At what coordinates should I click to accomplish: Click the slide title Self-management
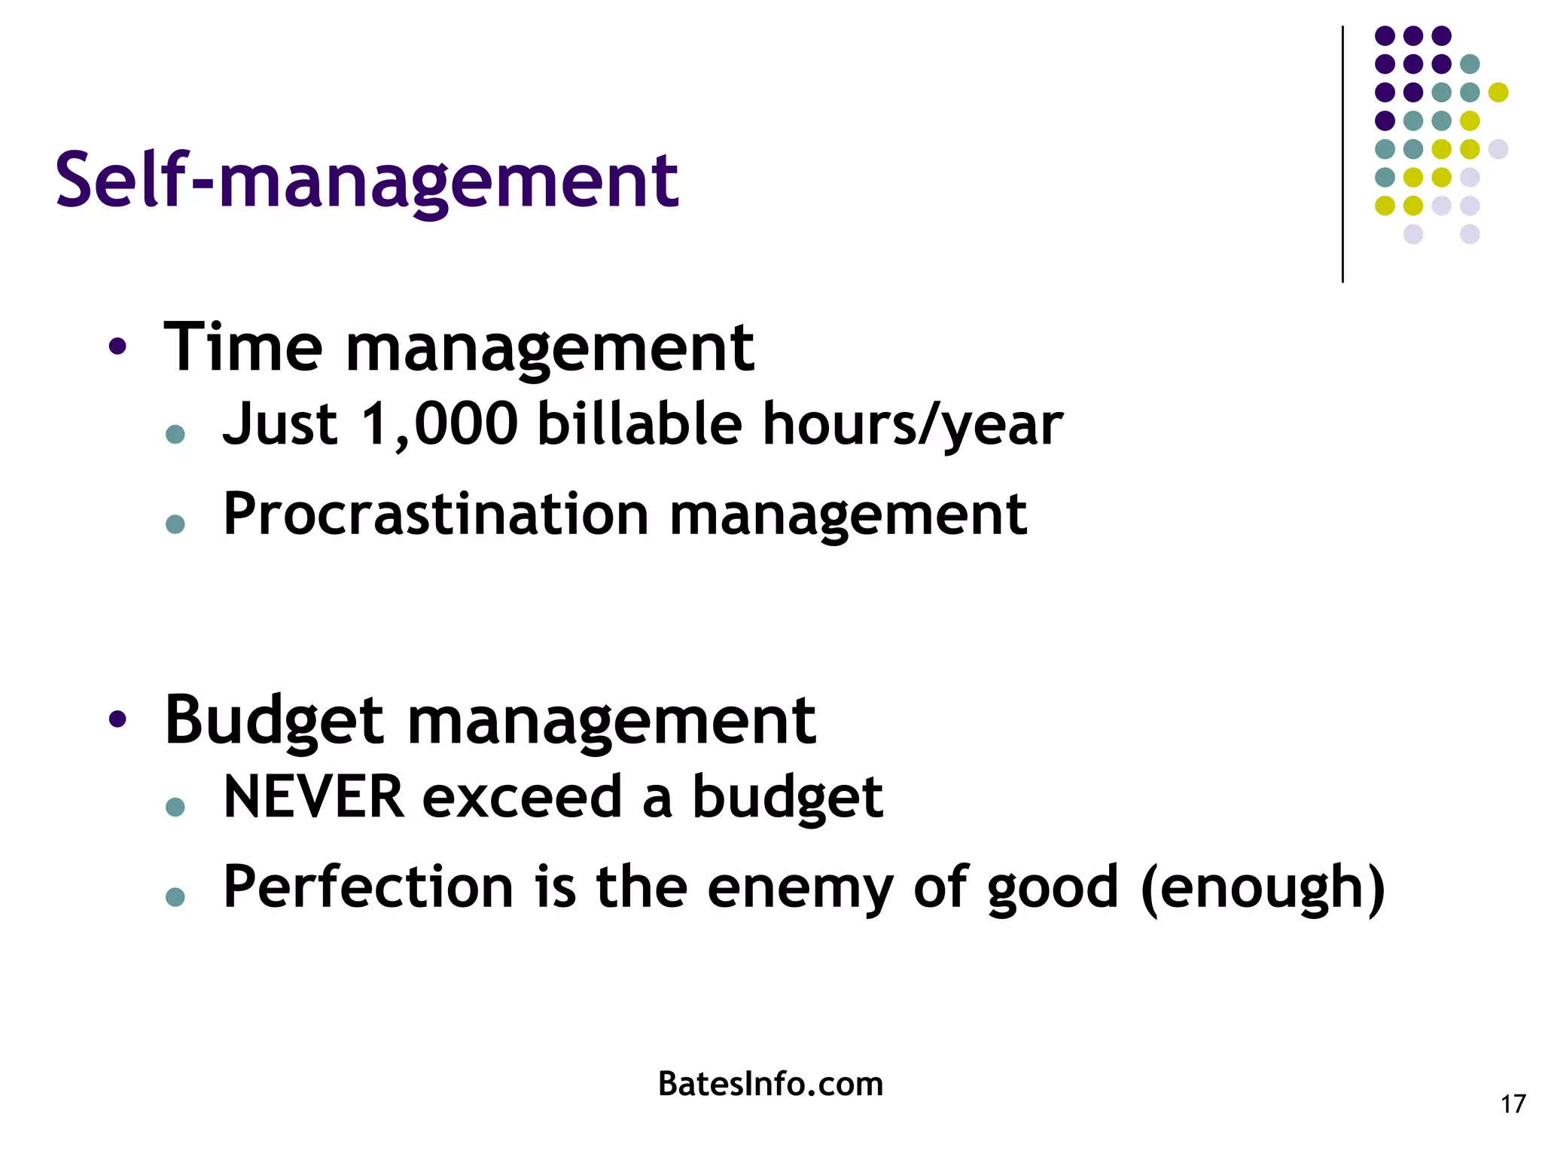[x=367, y=181]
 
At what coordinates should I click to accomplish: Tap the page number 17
[x=1513, y=1104]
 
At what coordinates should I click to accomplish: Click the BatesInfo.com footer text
[x=770, y=1084]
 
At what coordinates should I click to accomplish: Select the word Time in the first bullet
[x=243, y=347]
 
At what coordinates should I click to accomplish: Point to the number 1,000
[x=440, y=424]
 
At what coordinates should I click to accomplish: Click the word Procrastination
[x=436, y=514]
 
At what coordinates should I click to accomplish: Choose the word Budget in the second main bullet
[x=275, y=721]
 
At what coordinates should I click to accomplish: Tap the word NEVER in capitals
[x=314, y=797]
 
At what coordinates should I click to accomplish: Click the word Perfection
[x=368, y=887]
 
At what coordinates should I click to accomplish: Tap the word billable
[x=640, y=424]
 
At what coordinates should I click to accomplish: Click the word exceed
[x=522, y=797]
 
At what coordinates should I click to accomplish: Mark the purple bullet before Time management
[x=117, y=347]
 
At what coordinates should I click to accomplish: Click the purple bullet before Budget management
[x=117, y=719]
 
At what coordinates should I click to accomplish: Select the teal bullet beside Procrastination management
[x=175, y=524]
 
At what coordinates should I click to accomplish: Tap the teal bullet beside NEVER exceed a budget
[x=175, y=807]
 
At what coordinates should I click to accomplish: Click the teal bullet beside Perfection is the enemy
[x=175, y=896]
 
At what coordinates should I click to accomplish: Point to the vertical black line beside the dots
[x=1342, y=154]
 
